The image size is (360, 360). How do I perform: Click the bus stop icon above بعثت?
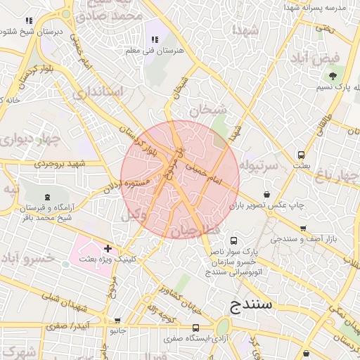[302, 155]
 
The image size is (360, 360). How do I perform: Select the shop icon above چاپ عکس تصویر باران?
[266, 194]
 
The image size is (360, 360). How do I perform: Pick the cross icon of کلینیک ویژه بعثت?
[108, 248]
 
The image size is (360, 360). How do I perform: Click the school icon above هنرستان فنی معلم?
[154, 40]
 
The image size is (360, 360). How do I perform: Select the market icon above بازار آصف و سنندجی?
[303, 229]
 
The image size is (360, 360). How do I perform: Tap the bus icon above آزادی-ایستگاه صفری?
[196, 328]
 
